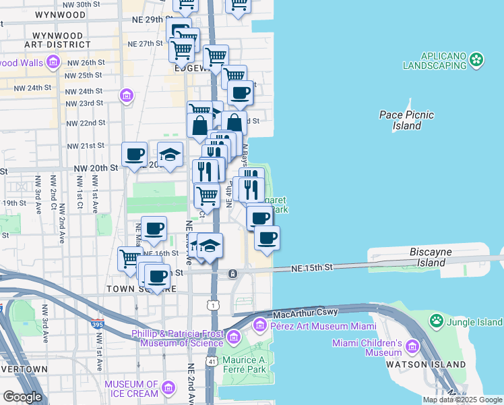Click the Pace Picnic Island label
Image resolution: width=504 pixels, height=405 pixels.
click(x=400, y=120)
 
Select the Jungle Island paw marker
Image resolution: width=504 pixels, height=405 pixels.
click(x=437, y=321)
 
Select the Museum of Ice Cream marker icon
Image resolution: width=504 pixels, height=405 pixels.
click(x=168, y=388)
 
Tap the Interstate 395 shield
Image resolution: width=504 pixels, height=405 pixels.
click(x=98, y=325)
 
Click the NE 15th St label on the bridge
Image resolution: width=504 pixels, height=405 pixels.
click(x=313, y=268)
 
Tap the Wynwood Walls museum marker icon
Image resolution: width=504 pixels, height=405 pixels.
click(x=53, y=63)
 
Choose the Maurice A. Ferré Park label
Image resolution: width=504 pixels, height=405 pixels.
click(x=245, y=365)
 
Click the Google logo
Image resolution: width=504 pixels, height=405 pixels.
click(x=22, y=397)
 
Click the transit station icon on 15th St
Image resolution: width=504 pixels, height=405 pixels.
click(x=232, y=274)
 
